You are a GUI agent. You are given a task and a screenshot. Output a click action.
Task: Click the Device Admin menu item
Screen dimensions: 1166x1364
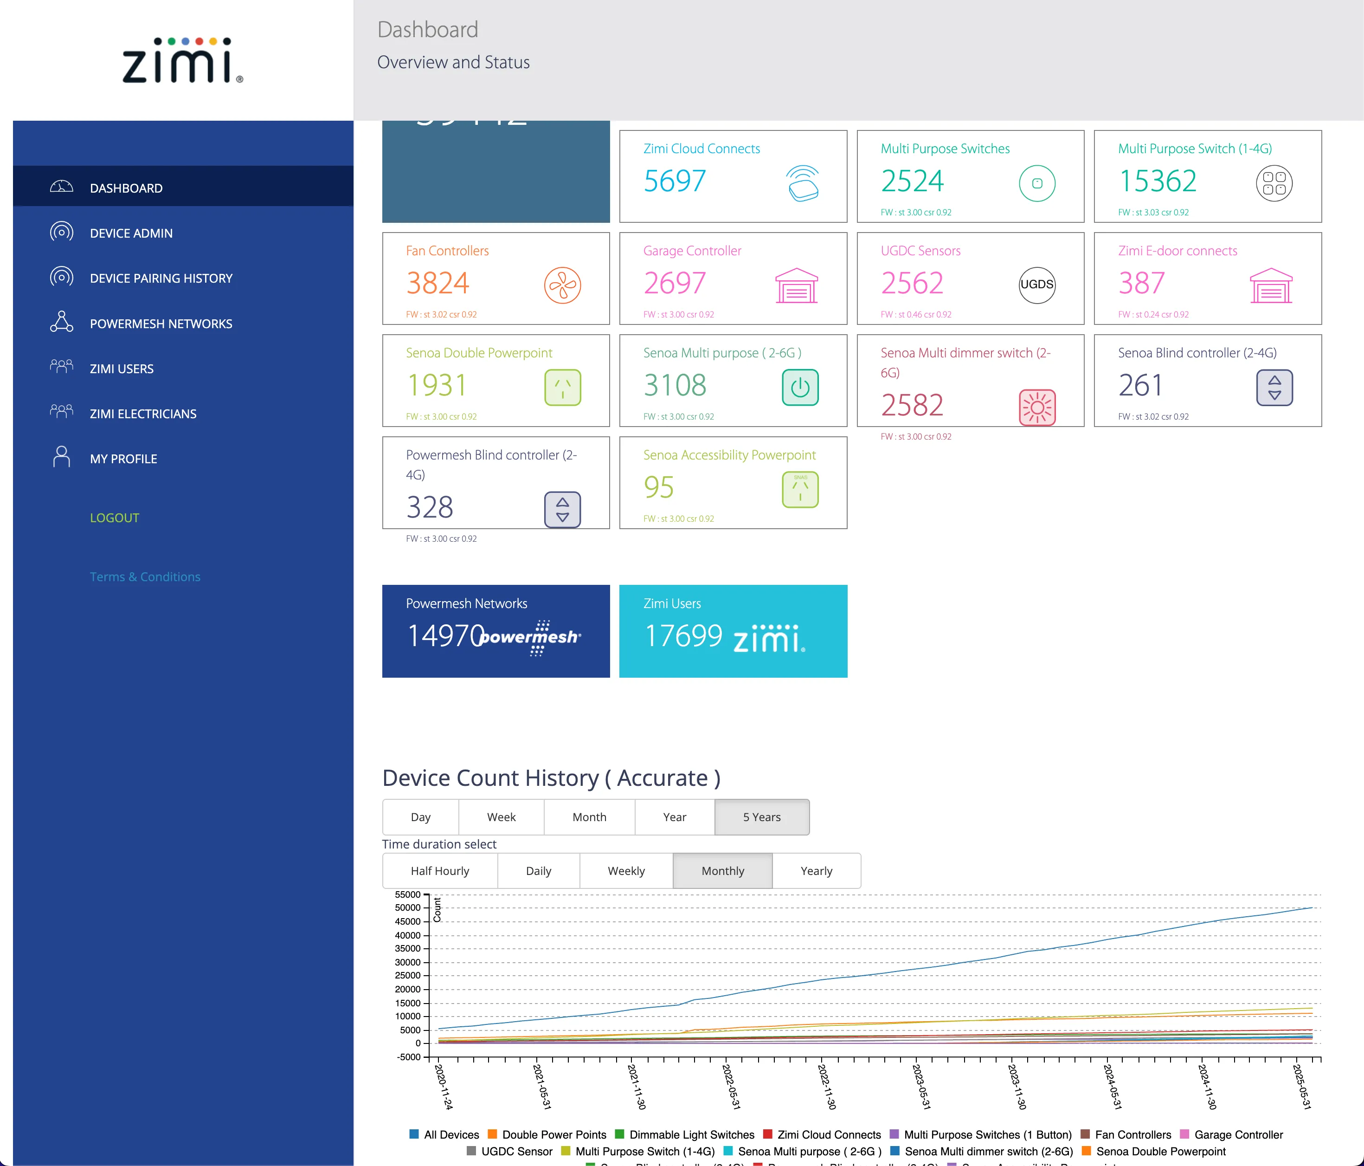coord(131,233)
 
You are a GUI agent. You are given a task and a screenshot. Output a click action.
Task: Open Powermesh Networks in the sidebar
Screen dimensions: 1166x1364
coord(161,324)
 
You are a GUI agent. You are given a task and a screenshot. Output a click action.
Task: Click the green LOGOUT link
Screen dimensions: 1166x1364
coord(115,518)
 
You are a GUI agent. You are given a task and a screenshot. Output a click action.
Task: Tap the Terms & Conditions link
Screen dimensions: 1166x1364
coord(145,577)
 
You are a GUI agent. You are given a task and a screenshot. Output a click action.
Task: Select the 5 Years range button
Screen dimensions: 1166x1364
coord(762,817)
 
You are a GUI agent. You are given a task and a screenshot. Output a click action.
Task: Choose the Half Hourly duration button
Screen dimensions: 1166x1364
coord(440,871)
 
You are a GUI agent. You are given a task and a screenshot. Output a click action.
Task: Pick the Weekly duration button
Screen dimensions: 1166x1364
coord(626,871)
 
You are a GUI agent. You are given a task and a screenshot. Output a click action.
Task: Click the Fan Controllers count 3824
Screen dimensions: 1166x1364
coord(438,283)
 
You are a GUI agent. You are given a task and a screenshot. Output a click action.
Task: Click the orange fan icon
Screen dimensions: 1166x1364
coord(562,285)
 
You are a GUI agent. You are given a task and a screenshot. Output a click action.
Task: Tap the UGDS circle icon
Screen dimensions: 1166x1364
coord(1037,285)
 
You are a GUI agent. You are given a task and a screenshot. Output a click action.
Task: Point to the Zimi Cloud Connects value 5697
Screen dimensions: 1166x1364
coord(675,181)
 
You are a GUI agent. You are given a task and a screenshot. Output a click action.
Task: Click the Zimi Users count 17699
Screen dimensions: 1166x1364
coord(683,636)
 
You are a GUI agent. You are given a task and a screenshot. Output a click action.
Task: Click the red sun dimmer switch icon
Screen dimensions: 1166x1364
coord(1037,407)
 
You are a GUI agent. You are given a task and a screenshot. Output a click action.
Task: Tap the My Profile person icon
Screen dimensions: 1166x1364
coord(61,457)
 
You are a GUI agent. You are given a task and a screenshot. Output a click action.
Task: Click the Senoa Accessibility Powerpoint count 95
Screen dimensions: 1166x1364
coord(658,487)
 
